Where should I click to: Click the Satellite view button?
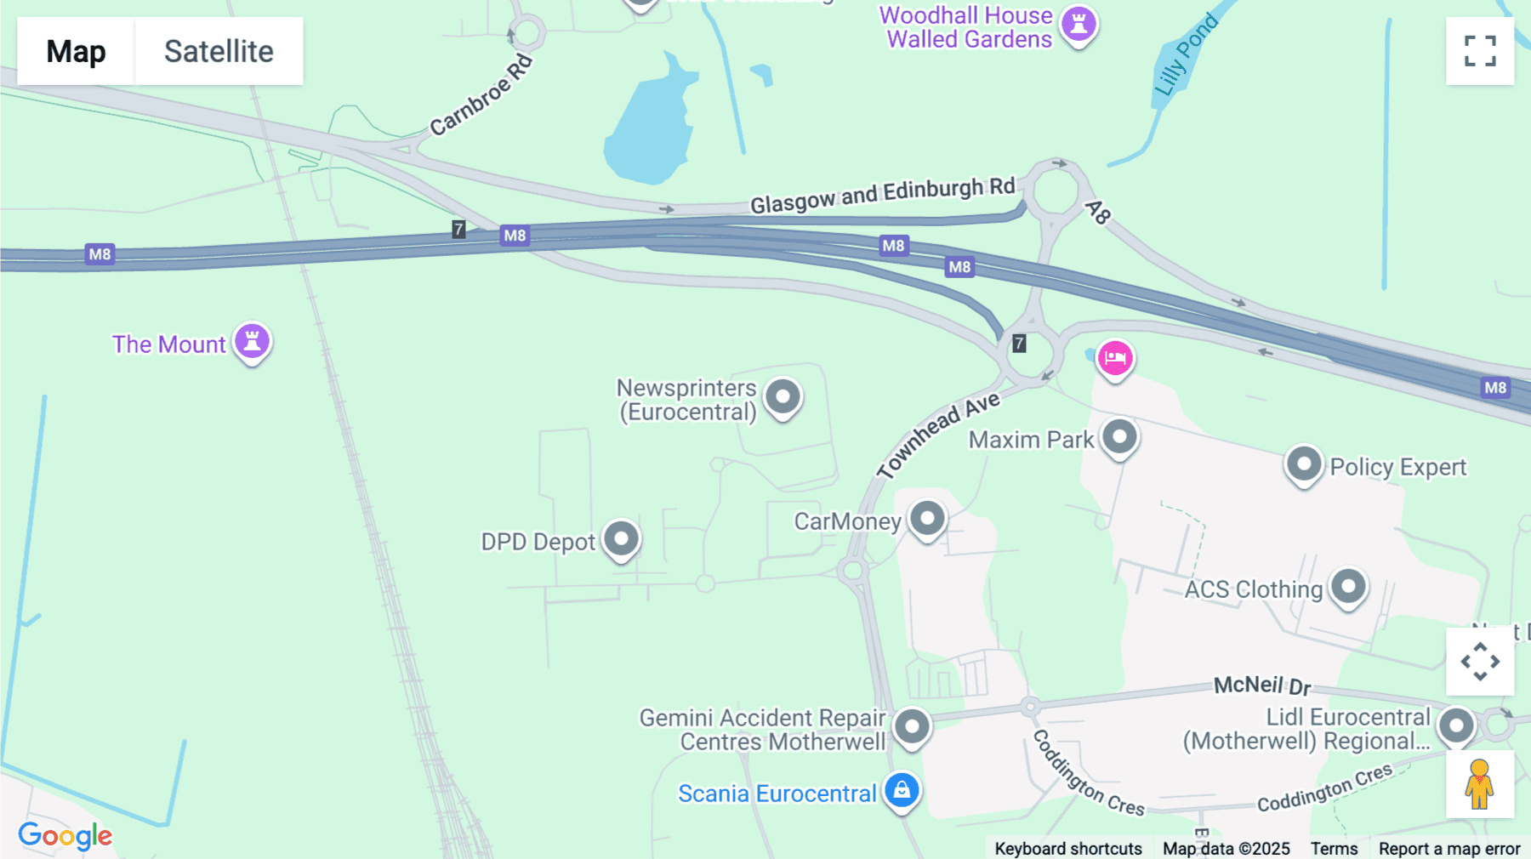[x=219, y=51]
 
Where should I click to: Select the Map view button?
[x=76, y=51]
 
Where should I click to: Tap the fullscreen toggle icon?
[x=1480, y=51]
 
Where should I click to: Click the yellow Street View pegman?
[x=1480, y=784]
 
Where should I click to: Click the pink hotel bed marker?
[x=1114, y=358]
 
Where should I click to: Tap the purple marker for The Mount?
[x=252, y=342]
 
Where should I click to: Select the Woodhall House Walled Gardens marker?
[x=1079, y=24]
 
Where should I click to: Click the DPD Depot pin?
[x=622, y=539]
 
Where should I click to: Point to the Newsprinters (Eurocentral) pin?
[x=783, y=397]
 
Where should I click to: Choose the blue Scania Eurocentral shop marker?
[x=902, y=791]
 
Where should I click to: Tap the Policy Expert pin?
[x=1303, y=465]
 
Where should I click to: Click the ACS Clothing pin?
[x=1348, y=587]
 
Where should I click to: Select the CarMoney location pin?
[x=927, y=519]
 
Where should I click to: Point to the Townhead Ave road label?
[x=939, y=435]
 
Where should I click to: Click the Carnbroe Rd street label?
[x=481, y=95]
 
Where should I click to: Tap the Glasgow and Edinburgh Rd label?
[x=882, y=196]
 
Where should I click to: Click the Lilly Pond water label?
[x=1186, y=56]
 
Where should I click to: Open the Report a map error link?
[x=1449, y=849]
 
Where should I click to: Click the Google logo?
[x=65, y=835]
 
